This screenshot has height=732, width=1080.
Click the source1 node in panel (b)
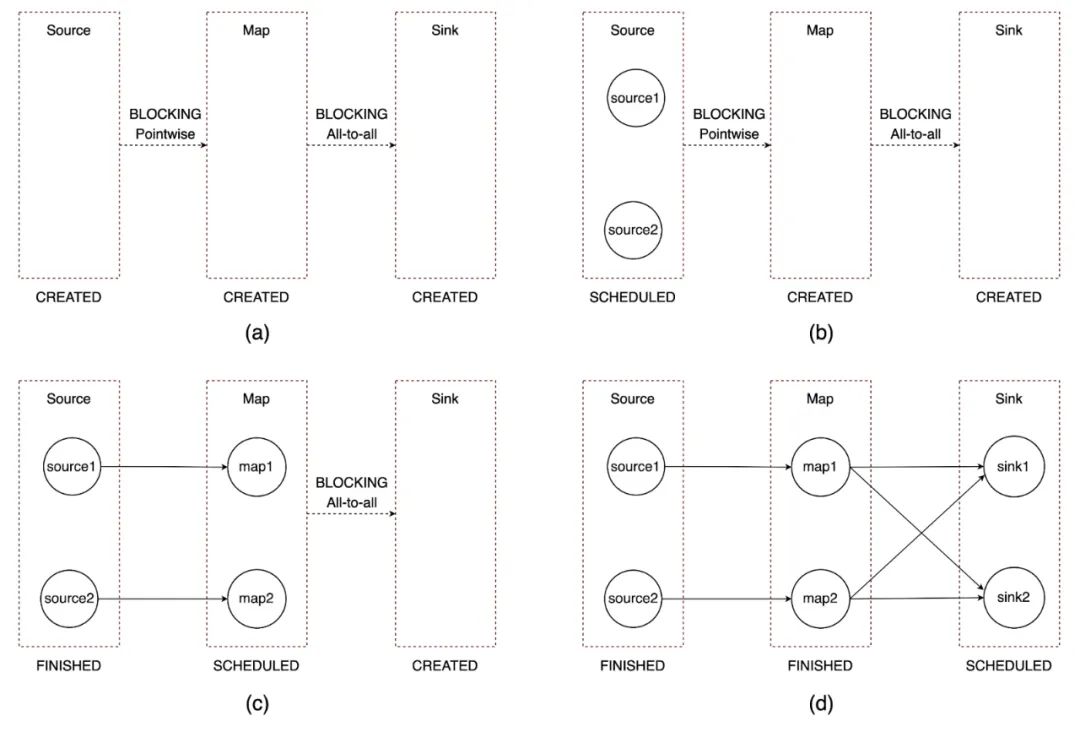tap(632, 98)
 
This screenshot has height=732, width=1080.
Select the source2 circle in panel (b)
tap(632, 230)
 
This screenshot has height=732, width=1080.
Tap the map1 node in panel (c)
tap(256, 467)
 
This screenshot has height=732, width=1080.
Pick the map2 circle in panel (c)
tap(256, 599)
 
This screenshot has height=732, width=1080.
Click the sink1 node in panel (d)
tap(1008, 467)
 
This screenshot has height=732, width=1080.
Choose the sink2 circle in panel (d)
tap(1008, 598)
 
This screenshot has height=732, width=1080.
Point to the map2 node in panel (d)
tap(820, 599)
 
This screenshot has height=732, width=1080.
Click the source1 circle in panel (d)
tap(632, 467)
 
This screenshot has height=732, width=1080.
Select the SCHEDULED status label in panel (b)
tap(632, 297)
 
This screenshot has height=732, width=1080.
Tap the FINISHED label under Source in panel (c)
tap(68, 665)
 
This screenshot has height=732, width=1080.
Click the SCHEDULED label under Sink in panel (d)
tap(1008, 665)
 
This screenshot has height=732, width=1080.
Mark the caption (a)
tap(257, 334)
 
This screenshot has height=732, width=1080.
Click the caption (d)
tap(820, 703)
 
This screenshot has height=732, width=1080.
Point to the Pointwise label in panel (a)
tap(162, 133)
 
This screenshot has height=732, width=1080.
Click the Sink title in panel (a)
tap(445, 30)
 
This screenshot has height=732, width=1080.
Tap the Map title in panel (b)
tap(820, 30)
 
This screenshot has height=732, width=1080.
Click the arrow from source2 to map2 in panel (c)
tap(162, 599)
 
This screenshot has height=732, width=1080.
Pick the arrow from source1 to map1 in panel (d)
tap(725, 467)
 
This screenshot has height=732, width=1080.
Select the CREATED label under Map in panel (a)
tap(256, 297)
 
